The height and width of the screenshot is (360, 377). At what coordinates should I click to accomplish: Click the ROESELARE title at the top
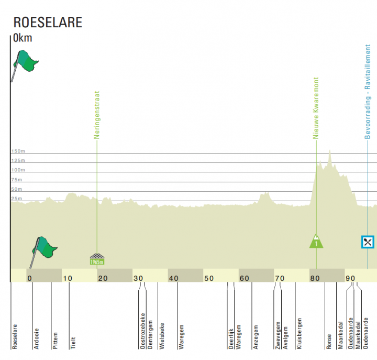48,23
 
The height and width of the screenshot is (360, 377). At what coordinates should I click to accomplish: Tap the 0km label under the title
23,38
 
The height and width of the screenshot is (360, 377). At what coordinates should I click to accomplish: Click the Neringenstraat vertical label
97,115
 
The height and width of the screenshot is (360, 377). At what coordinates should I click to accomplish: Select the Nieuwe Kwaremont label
316,108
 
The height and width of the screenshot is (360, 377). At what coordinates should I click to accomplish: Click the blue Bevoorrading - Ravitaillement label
368,92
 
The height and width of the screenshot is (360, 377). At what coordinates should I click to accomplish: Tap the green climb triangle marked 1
316,242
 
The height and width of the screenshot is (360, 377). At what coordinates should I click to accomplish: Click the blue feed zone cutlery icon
368,242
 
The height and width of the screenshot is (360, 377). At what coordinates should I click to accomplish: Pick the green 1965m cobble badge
97,261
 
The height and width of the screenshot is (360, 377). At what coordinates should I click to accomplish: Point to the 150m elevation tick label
18,151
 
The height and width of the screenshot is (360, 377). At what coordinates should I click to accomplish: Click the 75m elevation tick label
17,180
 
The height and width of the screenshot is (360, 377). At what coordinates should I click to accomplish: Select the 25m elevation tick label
17,199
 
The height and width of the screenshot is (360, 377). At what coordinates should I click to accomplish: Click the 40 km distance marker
174,278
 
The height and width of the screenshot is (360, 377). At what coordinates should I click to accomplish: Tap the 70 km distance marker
280,278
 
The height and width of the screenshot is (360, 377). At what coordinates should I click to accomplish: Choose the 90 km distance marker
350,278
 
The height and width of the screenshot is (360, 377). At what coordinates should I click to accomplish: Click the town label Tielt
73,343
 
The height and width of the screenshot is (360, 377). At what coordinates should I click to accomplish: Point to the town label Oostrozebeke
143,331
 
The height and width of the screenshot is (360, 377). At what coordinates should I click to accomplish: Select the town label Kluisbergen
299,333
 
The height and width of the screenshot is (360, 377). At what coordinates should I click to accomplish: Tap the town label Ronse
329,342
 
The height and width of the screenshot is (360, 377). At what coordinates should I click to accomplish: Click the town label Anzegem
256,337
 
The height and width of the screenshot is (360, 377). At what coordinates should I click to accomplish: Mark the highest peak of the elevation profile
330,150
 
